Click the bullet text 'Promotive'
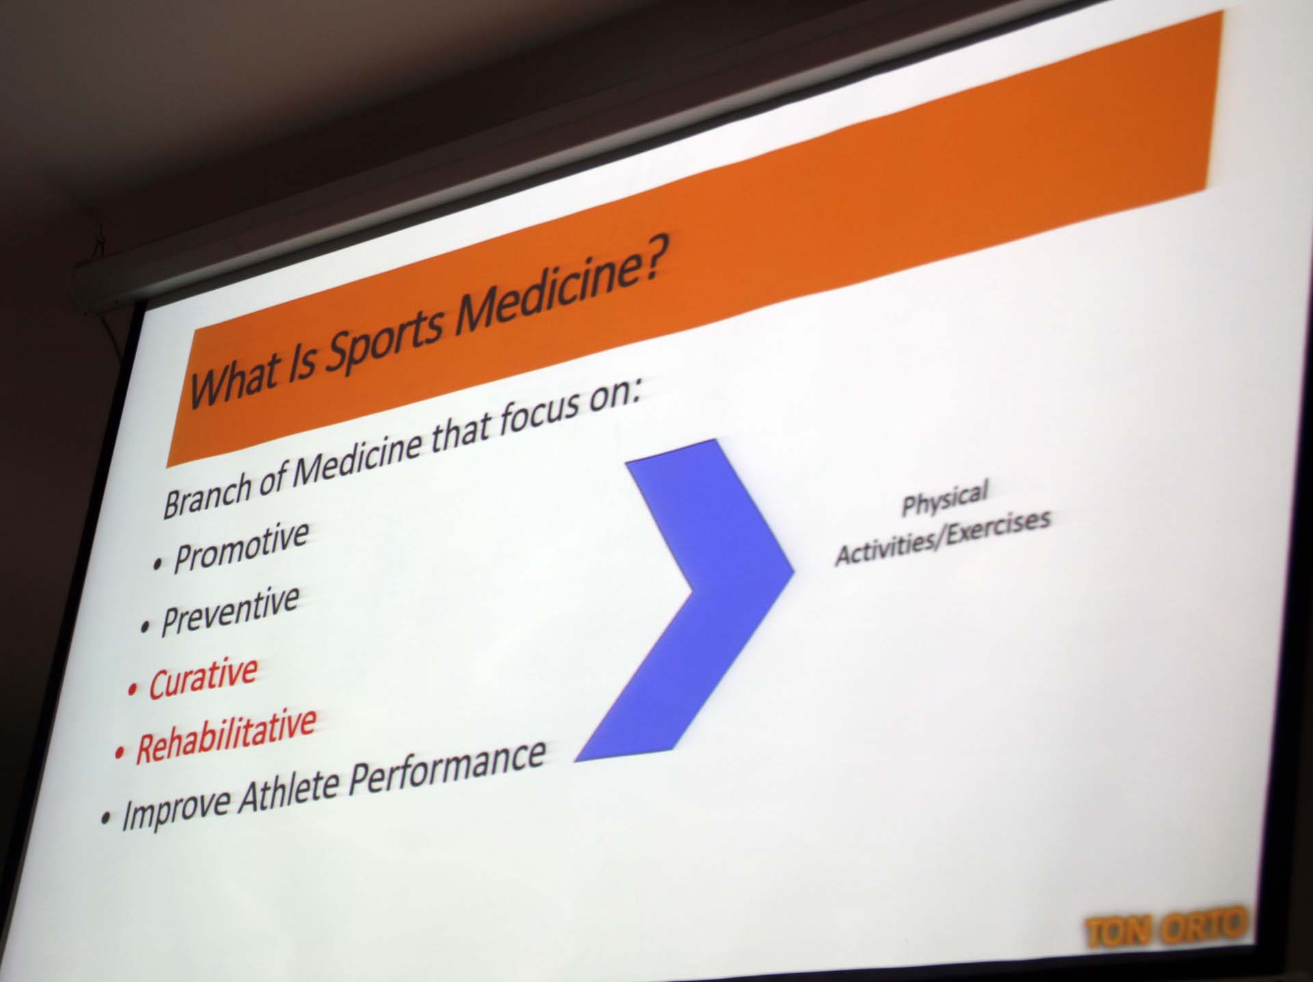241,547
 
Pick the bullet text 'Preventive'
229,611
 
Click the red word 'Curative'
203,678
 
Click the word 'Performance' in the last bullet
447,769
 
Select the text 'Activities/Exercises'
942,538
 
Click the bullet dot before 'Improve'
105,820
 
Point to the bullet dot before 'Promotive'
159,564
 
